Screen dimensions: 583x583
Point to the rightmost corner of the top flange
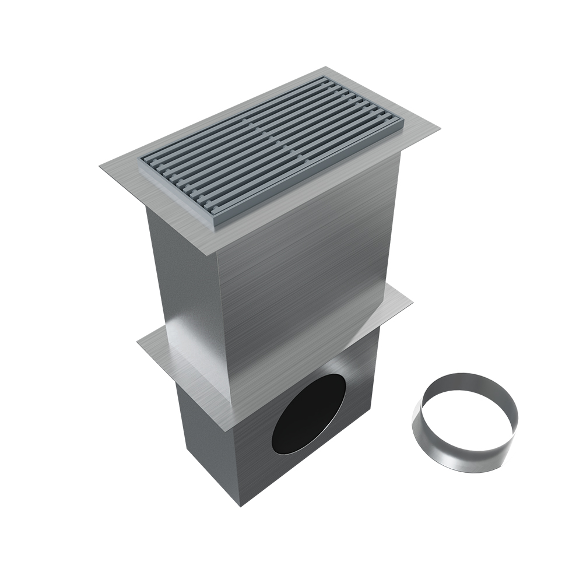click(440, 124)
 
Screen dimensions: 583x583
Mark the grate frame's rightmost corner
click(402, 123)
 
